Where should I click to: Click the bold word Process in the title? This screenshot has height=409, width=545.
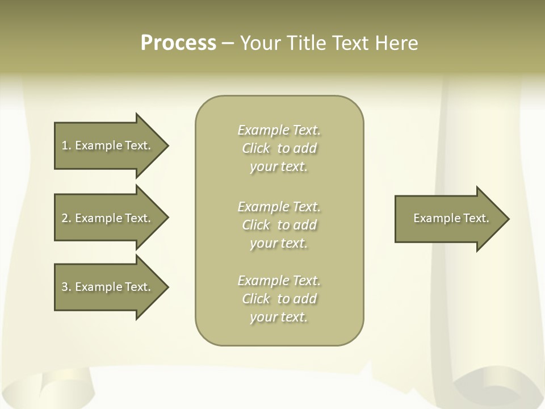(178, 43)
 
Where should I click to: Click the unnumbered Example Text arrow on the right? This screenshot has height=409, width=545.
(450, 218)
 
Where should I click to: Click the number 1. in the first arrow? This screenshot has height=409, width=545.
(66, 145)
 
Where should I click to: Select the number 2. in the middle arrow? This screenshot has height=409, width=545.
(66, 218)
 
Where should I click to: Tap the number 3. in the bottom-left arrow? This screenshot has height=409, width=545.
(66, 287)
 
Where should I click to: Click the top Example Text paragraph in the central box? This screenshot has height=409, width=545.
(279, 148)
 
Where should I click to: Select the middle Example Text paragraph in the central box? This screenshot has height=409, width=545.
(279, 225)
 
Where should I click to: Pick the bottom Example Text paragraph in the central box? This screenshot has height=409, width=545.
(279, 299)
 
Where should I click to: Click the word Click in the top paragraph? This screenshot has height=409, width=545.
(256, 148)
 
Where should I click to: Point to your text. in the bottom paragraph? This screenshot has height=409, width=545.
(279, 317)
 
